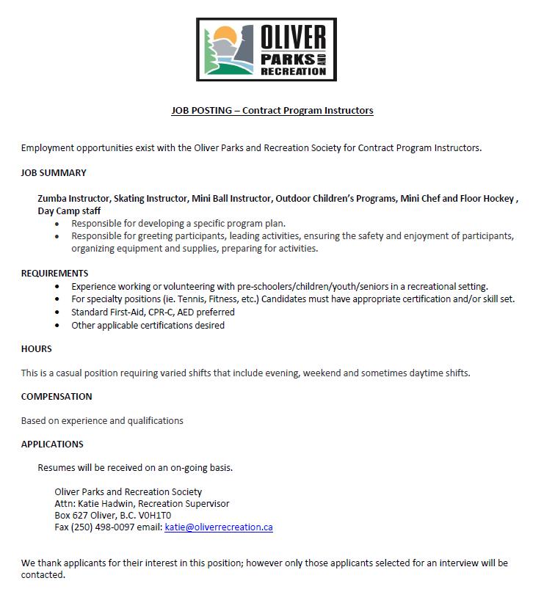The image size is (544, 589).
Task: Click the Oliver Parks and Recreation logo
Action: coord(266,49)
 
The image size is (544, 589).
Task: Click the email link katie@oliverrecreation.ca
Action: coord(219,527)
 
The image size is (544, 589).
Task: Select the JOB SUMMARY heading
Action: coord(54,173)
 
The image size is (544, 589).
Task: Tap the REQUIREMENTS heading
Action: coord(54,274)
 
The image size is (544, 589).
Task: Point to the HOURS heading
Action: coord(36,348)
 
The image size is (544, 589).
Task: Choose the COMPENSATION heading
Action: coord(57,396)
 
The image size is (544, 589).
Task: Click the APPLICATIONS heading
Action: coord(52,444)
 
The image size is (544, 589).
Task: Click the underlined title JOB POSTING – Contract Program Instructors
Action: coord(272,111)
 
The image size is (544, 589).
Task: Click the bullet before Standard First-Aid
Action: coord(58,312)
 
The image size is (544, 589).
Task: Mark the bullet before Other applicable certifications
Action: coord(58,325)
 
